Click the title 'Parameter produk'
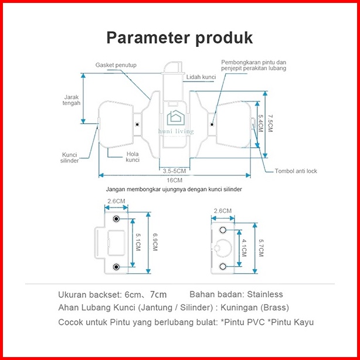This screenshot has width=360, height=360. (x=179, y=38)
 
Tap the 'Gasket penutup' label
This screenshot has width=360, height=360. (x=116, y=65)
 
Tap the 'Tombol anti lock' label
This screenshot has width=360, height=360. (x=296, y=171)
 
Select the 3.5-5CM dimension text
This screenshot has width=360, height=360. (x=174, y=170)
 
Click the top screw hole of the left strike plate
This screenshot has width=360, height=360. (x=116, y=219)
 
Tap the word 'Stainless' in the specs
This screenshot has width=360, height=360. (x=264, y=294)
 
